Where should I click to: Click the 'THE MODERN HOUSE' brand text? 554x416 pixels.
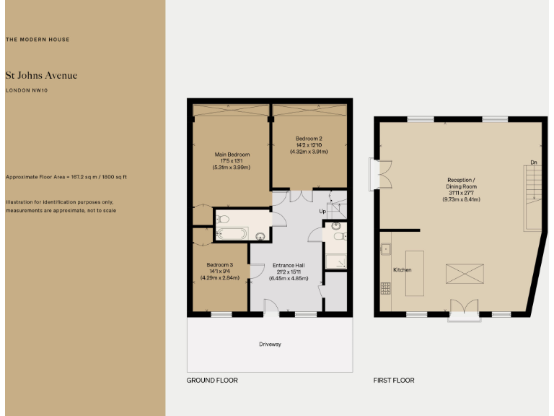pyautogui.click(x=38, y=40)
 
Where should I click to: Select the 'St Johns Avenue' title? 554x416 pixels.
pyautogui.click(x=41, y=75)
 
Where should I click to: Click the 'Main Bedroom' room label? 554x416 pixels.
pyautogui.click(x=232, y=155)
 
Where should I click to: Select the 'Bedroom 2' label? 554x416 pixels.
pyautogui.click(x=309, y=138)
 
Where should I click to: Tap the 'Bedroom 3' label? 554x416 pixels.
pyautogui.click(x=218, y=264)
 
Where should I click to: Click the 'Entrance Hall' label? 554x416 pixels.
pyautogui.click(x=286, y=265)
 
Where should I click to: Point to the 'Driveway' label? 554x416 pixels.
pyautogui.click(x=270, y=344)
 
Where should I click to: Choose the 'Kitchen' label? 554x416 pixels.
pyautogui.click(x=402, y=269)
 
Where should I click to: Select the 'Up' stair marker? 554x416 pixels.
pyautogui.click(x=323, y=211)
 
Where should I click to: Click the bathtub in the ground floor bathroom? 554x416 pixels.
pyautogui.click(x=232, y=233)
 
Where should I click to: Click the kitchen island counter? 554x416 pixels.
pyautogui.click(x=416, y=273)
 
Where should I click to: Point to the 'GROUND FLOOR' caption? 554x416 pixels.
pyautogui.click(x=212, y=380)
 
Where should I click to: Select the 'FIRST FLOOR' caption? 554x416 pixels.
pyautogui.click(x=394, y=380)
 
